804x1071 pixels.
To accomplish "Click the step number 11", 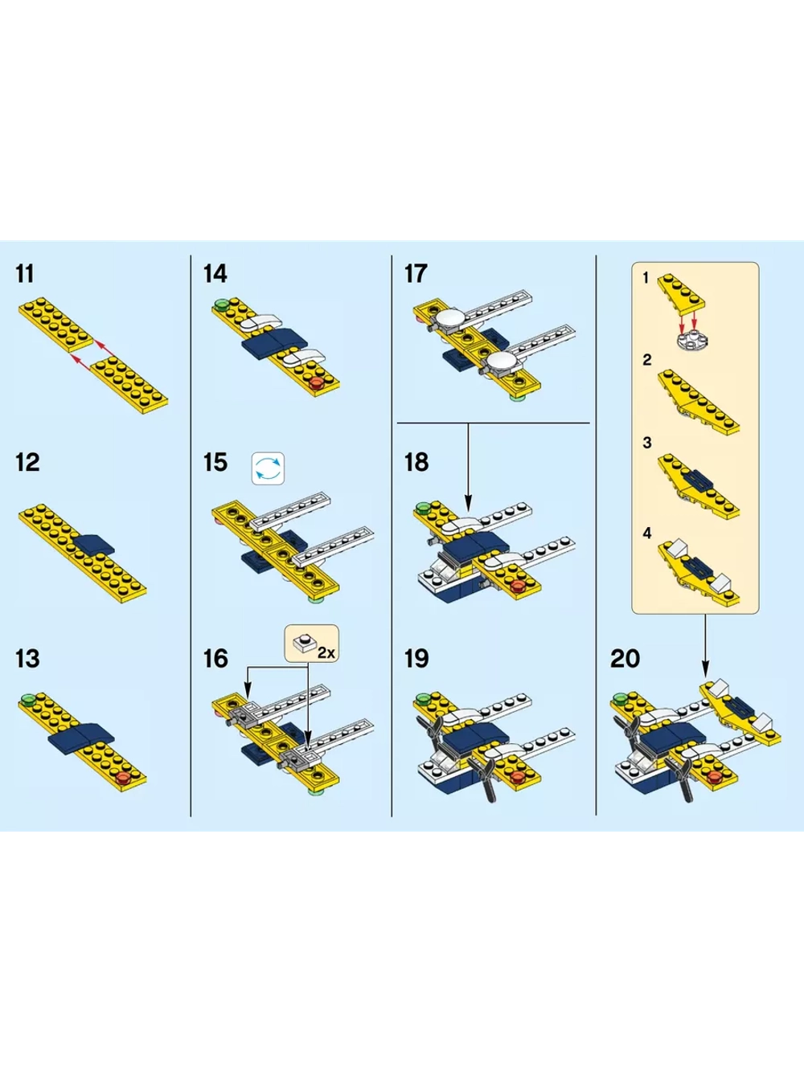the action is [x=25, y=274].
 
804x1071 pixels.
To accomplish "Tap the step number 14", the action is [x=215, y=274].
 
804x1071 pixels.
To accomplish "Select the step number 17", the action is [x=416, y=274].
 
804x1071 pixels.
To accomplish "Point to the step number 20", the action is [x=625, y=658].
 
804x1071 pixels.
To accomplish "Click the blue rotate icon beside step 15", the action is [x=268, y=469].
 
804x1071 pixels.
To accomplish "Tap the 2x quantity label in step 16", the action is [x=326, y=653].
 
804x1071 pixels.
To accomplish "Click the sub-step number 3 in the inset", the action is [x=646, y=443].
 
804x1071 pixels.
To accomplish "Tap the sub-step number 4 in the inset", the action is [x=646, y=533].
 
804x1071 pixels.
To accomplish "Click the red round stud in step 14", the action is [x=318, y=383].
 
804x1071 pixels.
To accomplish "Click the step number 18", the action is [x=416, y=462].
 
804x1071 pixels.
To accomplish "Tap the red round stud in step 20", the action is [x=716, y=776].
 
